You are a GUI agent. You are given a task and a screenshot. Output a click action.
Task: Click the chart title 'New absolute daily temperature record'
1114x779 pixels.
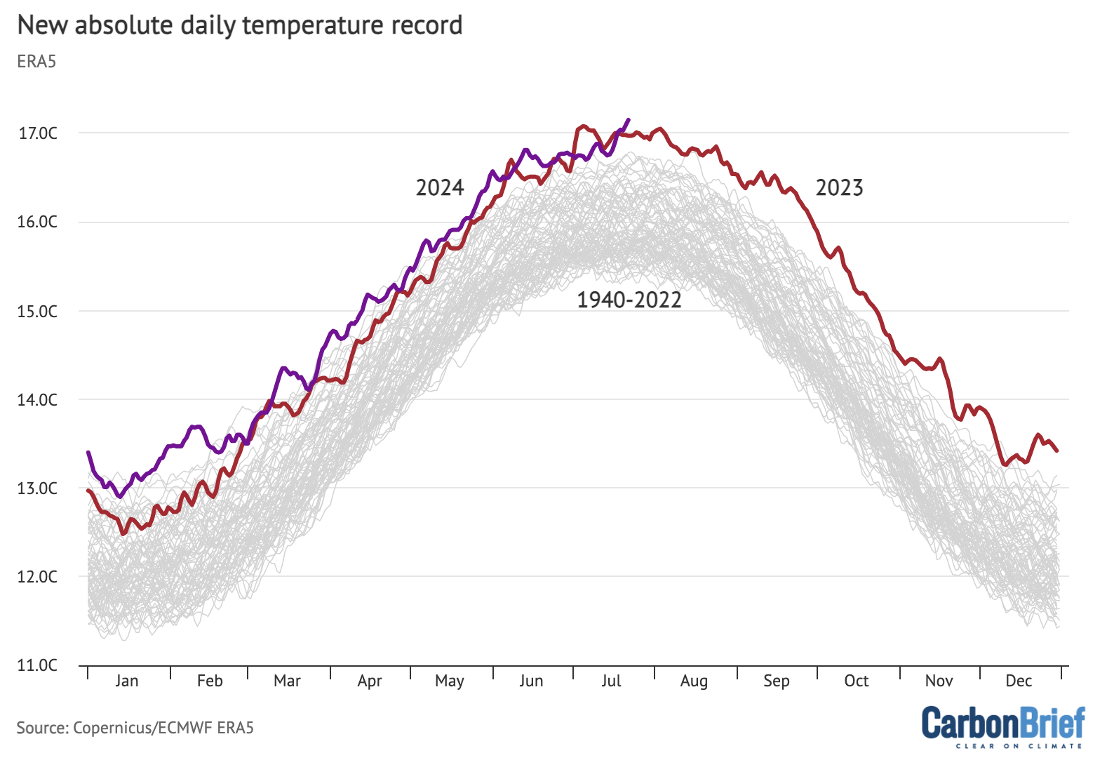[239, 25]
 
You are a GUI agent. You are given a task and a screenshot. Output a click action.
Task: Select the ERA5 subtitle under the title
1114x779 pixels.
[36, 62]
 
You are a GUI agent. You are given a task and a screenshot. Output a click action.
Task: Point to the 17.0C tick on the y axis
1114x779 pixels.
[38, 133]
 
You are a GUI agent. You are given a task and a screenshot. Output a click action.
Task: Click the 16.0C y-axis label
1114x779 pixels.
[38, 222]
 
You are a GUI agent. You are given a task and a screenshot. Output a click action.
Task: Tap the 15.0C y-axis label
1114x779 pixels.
[38, 311]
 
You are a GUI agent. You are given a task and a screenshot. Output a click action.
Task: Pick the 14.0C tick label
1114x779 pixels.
[38, 400]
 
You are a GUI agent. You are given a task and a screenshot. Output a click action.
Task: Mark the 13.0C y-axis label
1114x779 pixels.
[38, 488]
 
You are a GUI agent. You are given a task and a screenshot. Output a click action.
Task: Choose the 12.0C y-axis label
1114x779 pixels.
[38, 577]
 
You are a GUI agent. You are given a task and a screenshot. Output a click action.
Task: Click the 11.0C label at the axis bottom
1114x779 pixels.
[38, 665]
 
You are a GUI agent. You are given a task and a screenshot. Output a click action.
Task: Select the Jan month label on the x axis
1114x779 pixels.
[127, 681]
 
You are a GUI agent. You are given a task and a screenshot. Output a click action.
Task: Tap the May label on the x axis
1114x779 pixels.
[450, 681]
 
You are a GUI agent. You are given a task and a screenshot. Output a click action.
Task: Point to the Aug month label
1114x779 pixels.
[694, 681]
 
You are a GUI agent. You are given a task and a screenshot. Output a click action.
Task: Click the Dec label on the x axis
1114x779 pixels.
[1019, 681]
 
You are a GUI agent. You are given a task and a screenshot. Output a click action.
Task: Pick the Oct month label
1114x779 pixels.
[857, 681]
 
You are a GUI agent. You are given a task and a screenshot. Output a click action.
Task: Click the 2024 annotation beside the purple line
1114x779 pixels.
[440, 188]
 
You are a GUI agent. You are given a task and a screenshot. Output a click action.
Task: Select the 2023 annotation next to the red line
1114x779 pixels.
[839, 188]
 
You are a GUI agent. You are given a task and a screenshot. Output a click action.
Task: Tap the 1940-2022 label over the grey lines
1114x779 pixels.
[629, 300]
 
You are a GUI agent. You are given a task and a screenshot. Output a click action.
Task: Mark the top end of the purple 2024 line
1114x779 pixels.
[628, 120]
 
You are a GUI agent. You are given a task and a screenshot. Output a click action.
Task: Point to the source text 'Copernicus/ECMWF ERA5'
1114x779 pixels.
[163, 728]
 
